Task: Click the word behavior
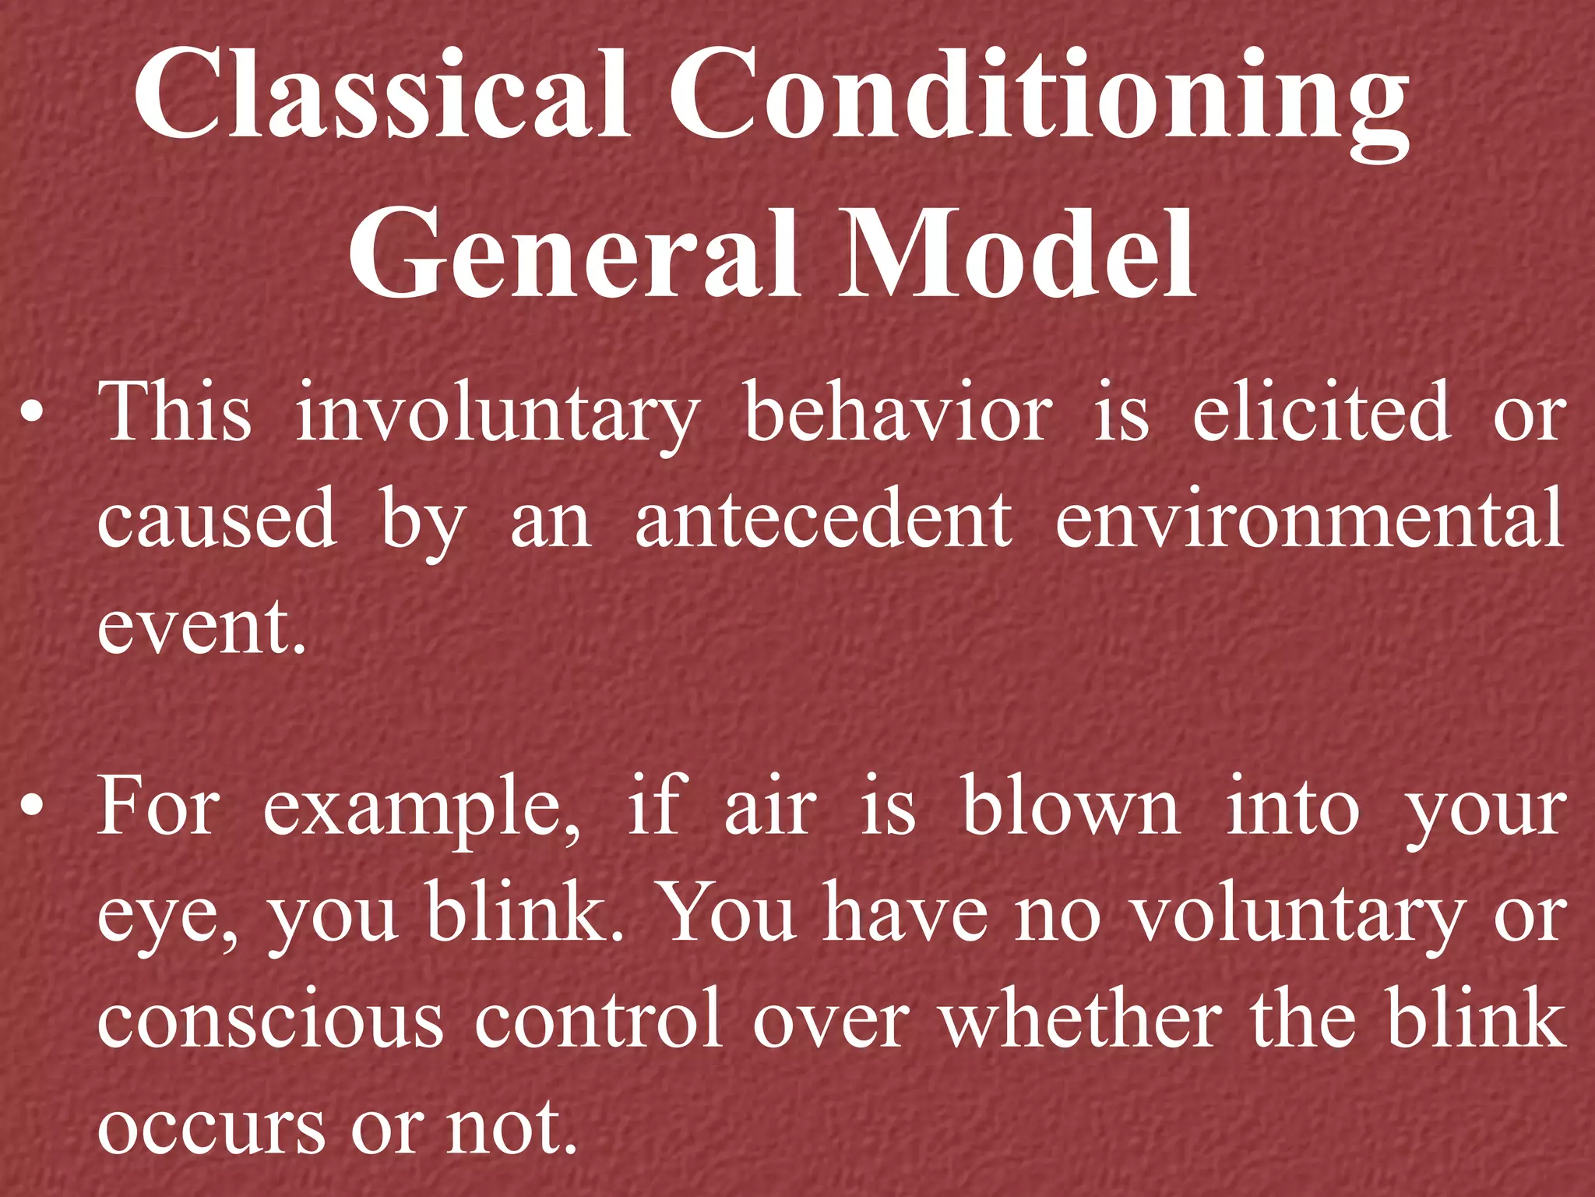pos(899,413)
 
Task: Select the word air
pos(770,809)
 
